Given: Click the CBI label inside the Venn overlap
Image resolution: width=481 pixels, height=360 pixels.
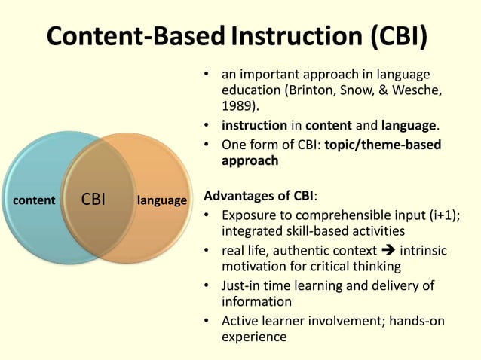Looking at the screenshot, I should [93, 200].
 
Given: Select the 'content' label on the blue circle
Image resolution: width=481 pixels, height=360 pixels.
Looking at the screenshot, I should [35, 200].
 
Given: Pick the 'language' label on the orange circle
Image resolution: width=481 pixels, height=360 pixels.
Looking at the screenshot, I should [161, 200].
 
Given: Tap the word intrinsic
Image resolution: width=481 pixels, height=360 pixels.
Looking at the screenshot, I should [423, 250].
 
